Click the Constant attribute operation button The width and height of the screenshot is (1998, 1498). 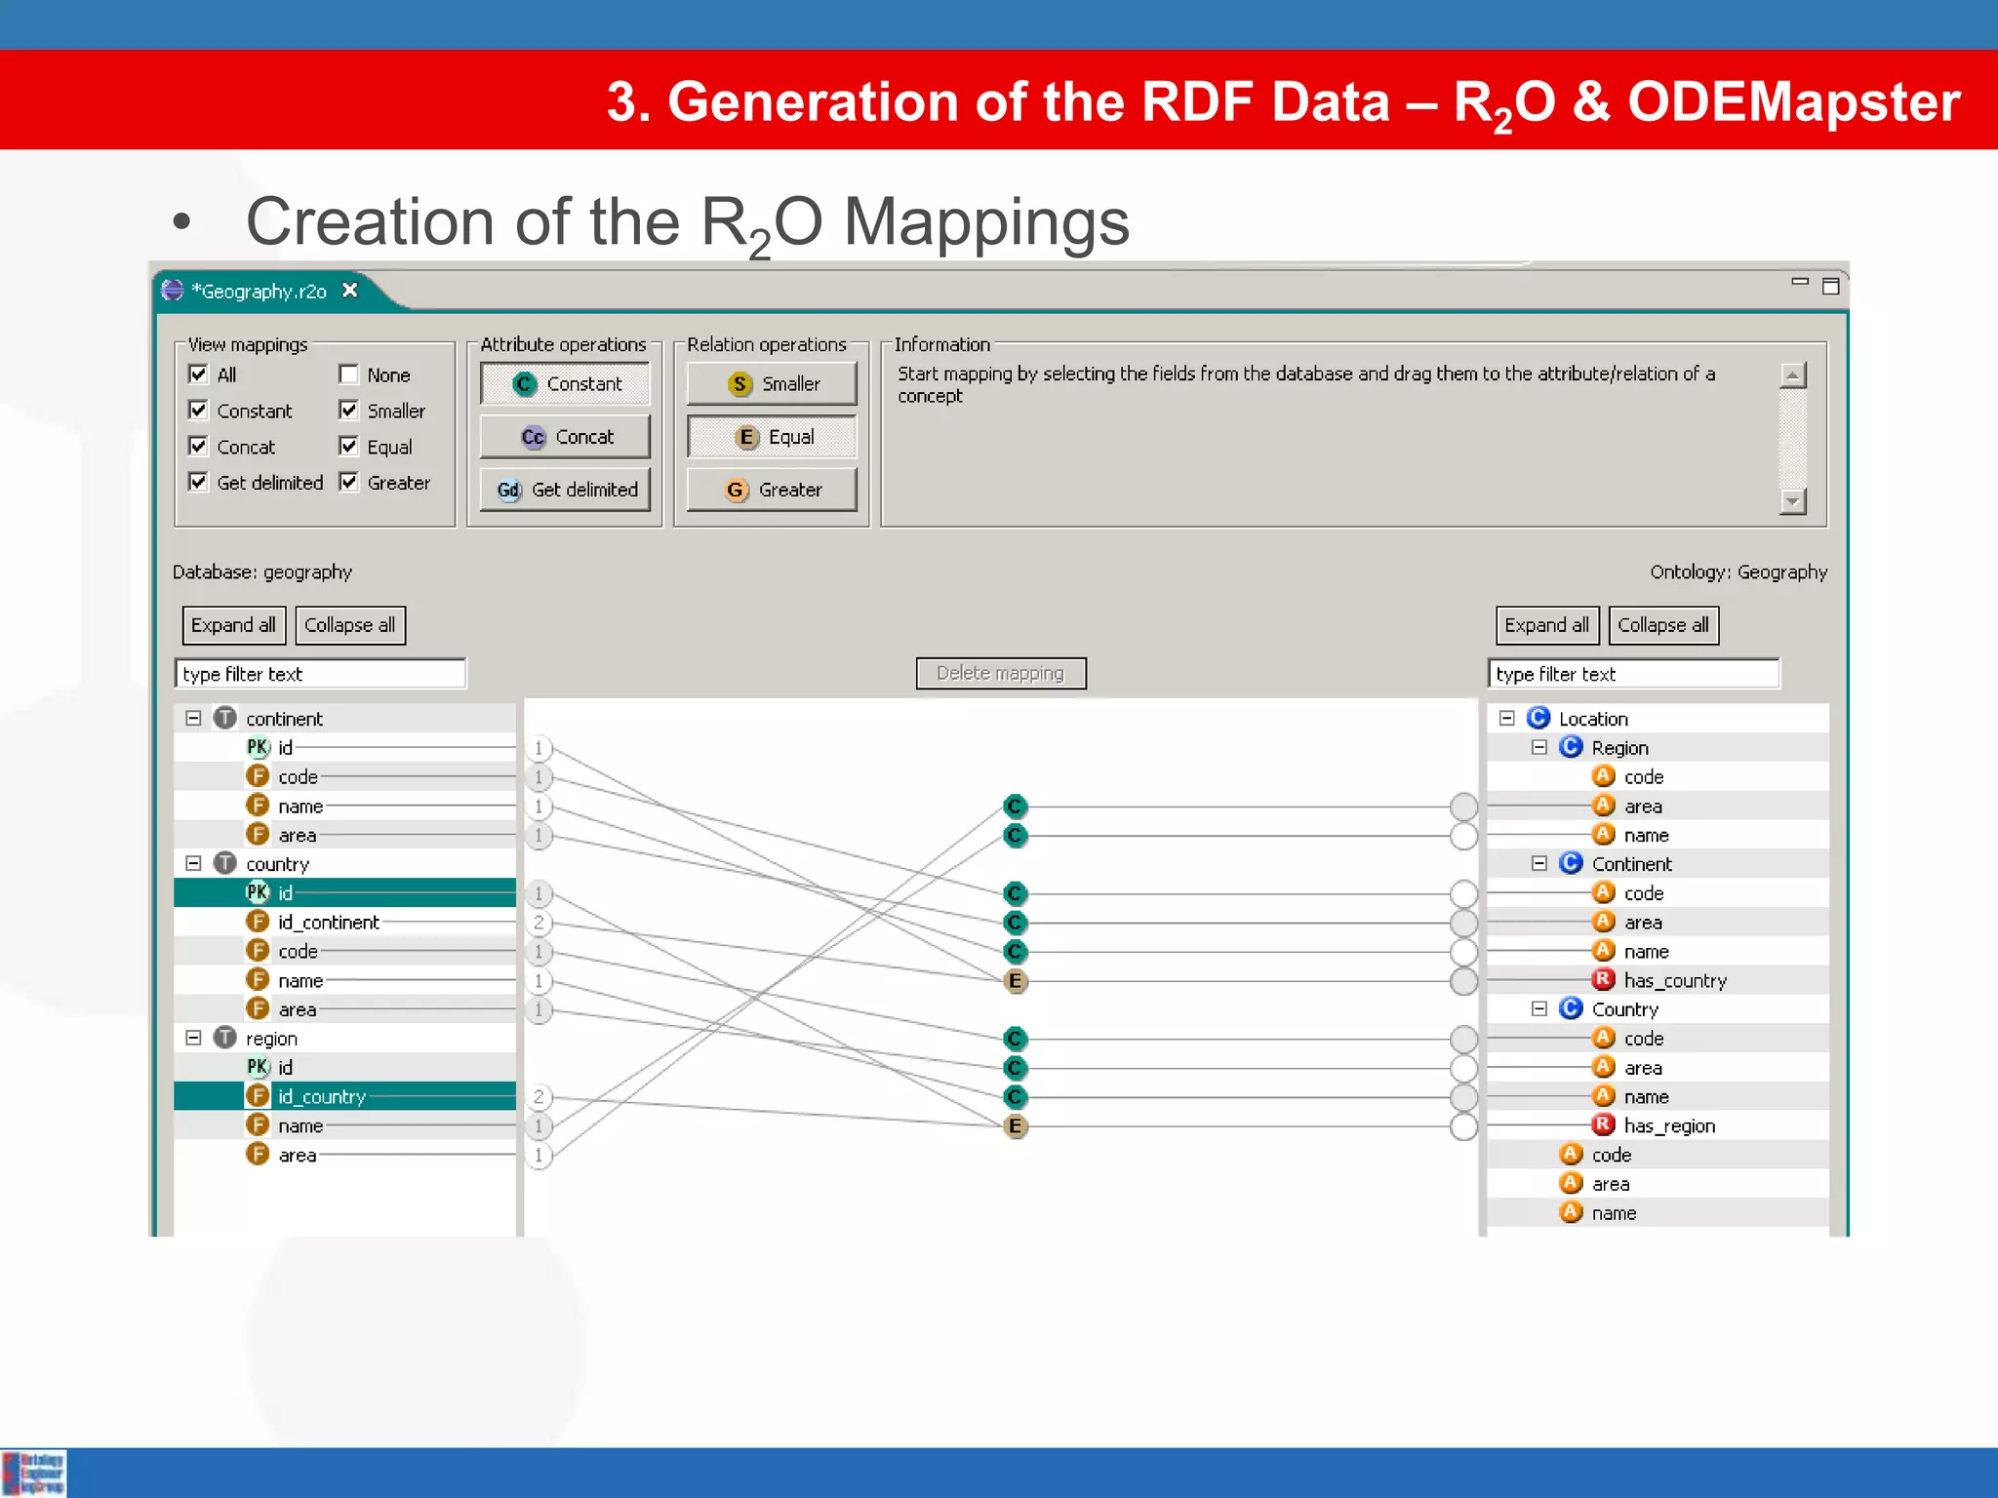click(x=565, y=384)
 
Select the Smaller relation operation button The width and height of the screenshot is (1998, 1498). click(x=772, y=384)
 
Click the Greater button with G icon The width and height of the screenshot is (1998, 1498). click(x=772, y=490)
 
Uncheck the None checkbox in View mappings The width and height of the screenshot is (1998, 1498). click(x=348, y=374)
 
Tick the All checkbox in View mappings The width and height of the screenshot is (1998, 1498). click(x=198, y=374)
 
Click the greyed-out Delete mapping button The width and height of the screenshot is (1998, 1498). click(x=1000, y=673)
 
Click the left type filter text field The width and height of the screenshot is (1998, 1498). click(x=320, y=674)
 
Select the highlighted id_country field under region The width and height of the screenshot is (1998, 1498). click(x=321, y=1096)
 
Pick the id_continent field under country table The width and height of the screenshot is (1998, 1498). click(x=328, y=923)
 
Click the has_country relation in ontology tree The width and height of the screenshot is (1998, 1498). click(x=1674, y=980)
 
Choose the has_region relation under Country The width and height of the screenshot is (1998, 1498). click(x=1668, y=1125)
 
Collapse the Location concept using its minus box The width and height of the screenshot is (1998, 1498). click(x=1506, y=719)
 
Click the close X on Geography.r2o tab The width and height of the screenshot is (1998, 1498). click(x=350, y=291)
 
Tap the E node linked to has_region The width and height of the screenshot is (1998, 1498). click(x=1015, y=1126)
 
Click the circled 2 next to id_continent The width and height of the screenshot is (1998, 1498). click(x=539, y=923)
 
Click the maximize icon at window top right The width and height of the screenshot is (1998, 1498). click(x=1830, y=286)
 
